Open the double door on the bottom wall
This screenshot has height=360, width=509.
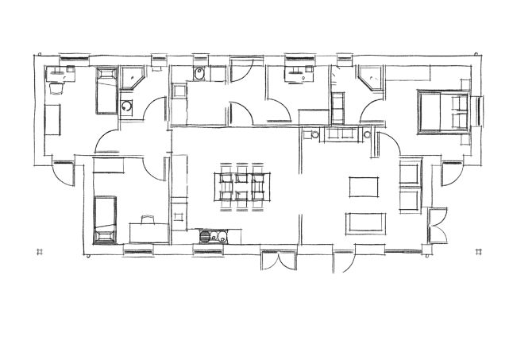pos(278,260)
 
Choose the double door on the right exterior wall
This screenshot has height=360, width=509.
pos(434,226)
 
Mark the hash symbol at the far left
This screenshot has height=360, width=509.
pos(39,252)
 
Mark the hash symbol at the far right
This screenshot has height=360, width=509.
pos(478,252)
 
